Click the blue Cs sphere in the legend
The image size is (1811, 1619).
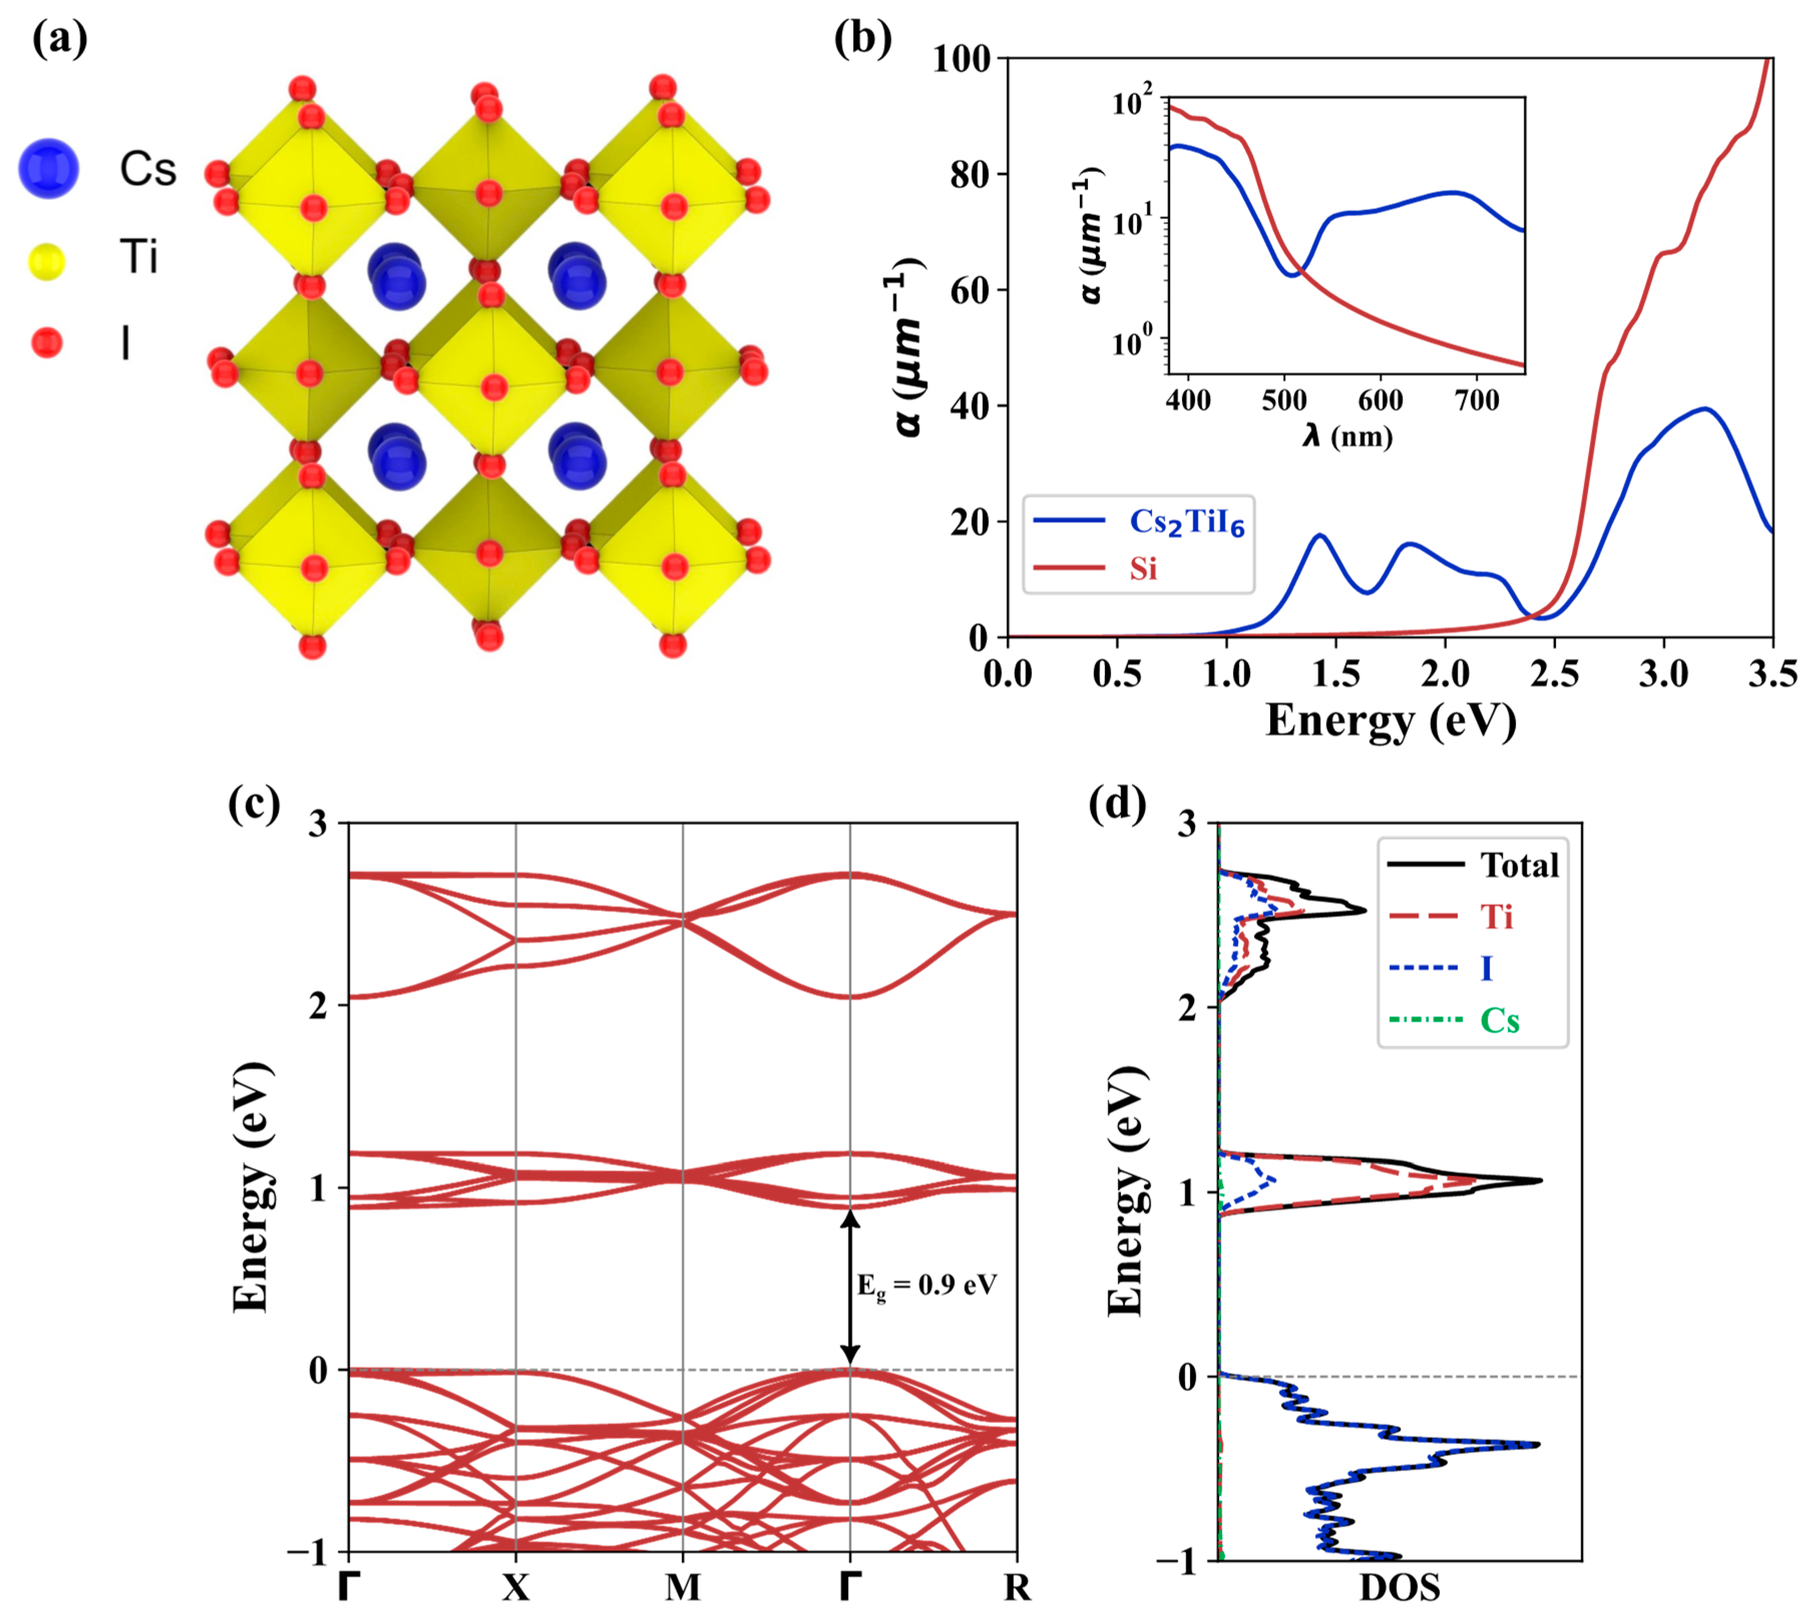(49, 168)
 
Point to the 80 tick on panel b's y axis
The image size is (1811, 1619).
(970, 174)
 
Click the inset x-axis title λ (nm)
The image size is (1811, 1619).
(1346, 436)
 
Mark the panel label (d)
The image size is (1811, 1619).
(1117, 803)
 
